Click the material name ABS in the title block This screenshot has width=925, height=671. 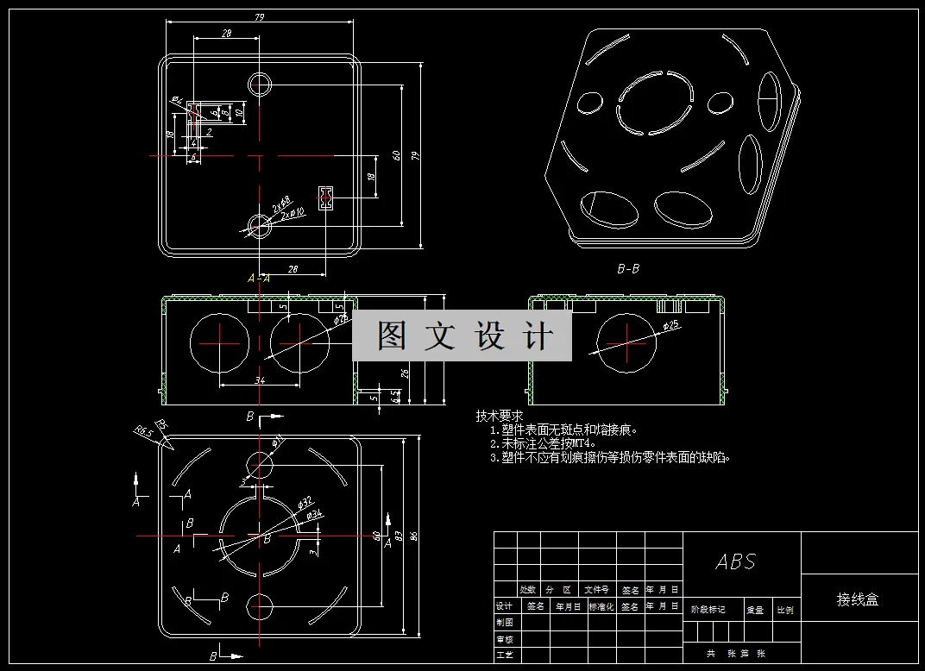(x=735, y=562)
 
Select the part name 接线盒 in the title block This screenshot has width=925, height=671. (x=857, y=599)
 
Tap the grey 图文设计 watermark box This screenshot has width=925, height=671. (x=462, y=336)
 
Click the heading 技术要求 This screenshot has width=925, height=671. (x=500, y=416)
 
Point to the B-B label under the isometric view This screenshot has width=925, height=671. (x=628, y=269)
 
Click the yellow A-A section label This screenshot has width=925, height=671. (x=259, y=279)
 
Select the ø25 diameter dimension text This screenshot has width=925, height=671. (x=671, y=325)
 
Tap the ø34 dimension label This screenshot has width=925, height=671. (x=314, y=515)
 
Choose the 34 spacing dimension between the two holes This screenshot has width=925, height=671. (x=260, y=379)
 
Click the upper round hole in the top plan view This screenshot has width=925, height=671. (x=260, y=84)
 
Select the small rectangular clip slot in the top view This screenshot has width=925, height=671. (x=325, y=198)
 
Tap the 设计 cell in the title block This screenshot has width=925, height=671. (x=505, y=606)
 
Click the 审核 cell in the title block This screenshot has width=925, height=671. (x=505, y=639)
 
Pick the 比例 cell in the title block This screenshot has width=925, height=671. (x=784, y=610)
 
